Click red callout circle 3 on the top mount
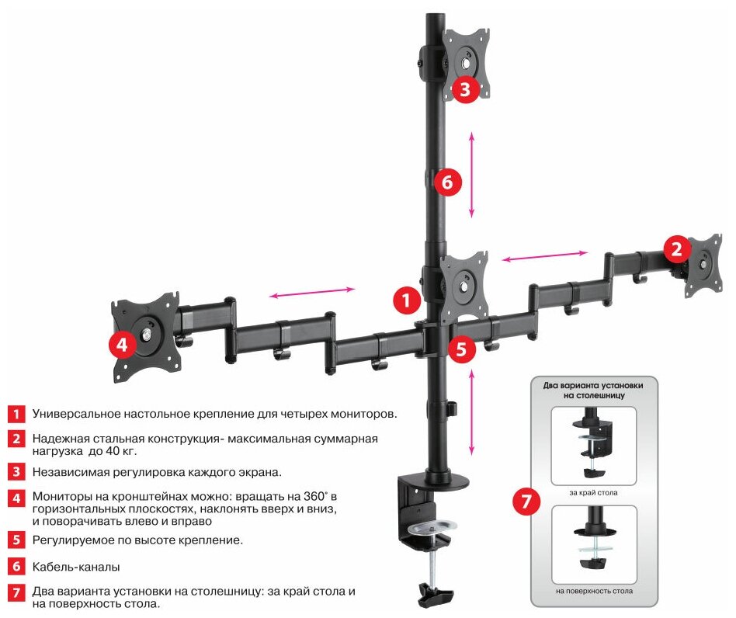(464, 89)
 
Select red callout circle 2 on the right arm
(677, 249)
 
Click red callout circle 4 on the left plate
(123, 345)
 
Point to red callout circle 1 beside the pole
(405, 299)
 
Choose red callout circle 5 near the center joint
(461, 349)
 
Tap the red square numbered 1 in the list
(16, 412)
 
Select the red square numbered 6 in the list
(16, 568)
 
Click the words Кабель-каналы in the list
(75, 568)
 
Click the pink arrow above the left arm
(312, 293)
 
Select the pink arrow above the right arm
(543, 255)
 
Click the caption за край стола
(593, 492)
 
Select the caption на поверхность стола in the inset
(594, 591)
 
